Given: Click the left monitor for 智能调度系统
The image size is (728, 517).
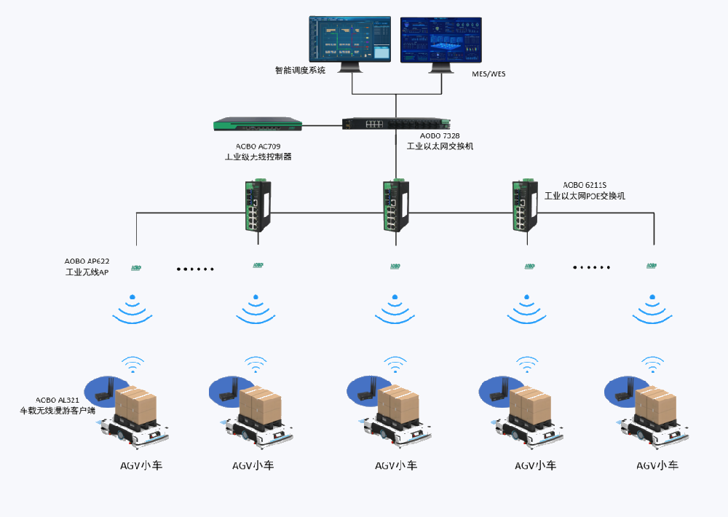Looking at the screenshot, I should (x=350, y=39).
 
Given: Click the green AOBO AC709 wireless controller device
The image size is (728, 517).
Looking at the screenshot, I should (x=258, y=125).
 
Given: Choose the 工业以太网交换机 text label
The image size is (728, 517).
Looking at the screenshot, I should (x=440, y=146).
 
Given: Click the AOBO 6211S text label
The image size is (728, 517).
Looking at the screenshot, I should (x=585, y=185).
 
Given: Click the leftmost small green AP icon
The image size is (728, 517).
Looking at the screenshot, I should (x=136, y=267).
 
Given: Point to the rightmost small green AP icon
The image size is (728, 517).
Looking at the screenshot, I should (x=652, y=267).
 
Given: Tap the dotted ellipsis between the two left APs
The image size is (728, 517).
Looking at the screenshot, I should (x=195, y=269).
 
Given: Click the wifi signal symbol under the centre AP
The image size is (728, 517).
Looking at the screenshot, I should (x=394, y=309).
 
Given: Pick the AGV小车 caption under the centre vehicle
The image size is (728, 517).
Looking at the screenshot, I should (x=396, y=466).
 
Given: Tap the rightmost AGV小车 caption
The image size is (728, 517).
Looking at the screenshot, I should (x=657, y=466).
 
